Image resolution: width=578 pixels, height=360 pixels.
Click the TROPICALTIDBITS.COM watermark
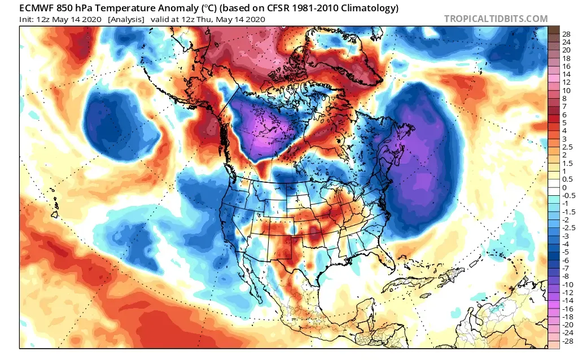click(496, 19)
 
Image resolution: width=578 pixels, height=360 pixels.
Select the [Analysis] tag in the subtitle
click(125, 20)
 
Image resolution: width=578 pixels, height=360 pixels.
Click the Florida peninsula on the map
click(387, 261)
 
